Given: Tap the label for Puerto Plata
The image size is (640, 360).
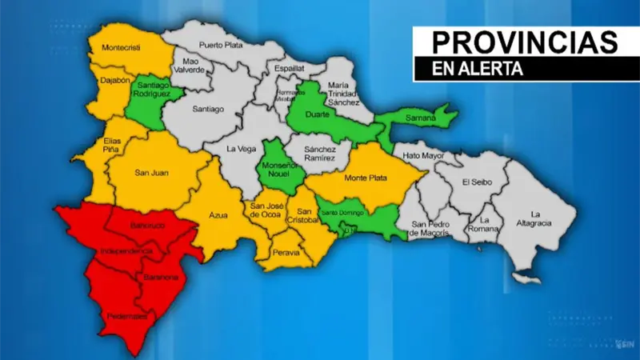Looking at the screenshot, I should [x=221, y=45].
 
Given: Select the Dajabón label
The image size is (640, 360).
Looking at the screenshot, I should [x=115, y=80].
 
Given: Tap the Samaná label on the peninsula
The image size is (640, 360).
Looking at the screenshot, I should [x=422, y=118].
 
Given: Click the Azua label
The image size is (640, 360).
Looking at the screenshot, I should [x=218, y=215].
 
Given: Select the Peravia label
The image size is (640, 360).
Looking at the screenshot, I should [x=286, y=253].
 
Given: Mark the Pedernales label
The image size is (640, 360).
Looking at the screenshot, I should [x=124, y=317].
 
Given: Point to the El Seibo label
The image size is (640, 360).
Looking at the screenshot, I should [x=477, y=182].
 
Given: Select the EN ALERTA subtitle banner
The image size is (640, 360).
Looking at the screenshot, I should [x=478, y=70].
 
